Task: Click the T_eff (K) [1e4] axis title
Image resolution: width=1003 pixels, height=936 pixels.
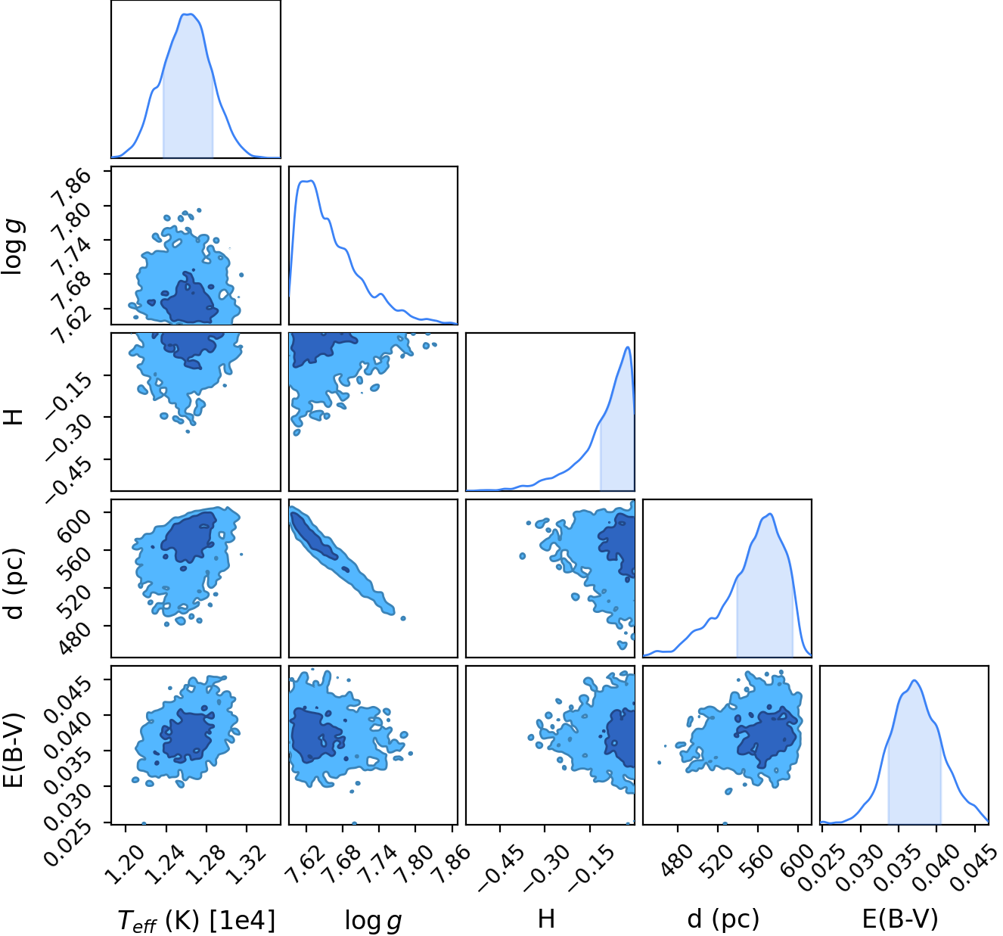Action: pyautogui.click(x=196, y=920)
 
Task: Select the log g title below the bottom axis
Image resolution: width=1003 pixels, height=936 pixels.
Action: pyautogui.click(x=373, y=921)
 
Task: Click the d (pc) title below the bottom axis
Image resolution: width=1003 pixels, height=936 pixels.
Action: pyautogui.click(x=723, y=919)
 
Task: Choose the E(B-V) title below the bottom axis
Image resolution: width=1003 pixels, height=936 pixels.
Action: pyautogui.click(x=900, y=919)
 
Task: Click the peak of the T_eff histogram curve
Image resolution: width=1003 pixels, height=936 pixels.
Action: pyautogui.click(x=188, y=14)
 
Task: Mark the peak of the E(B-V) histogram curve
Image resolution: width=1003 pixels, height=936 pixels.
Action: pyautogui.click(x=914, y=680)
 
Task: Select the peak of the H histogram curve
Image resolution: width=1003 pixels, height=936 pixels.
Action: pyautogui.click(x=627, y=347)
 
